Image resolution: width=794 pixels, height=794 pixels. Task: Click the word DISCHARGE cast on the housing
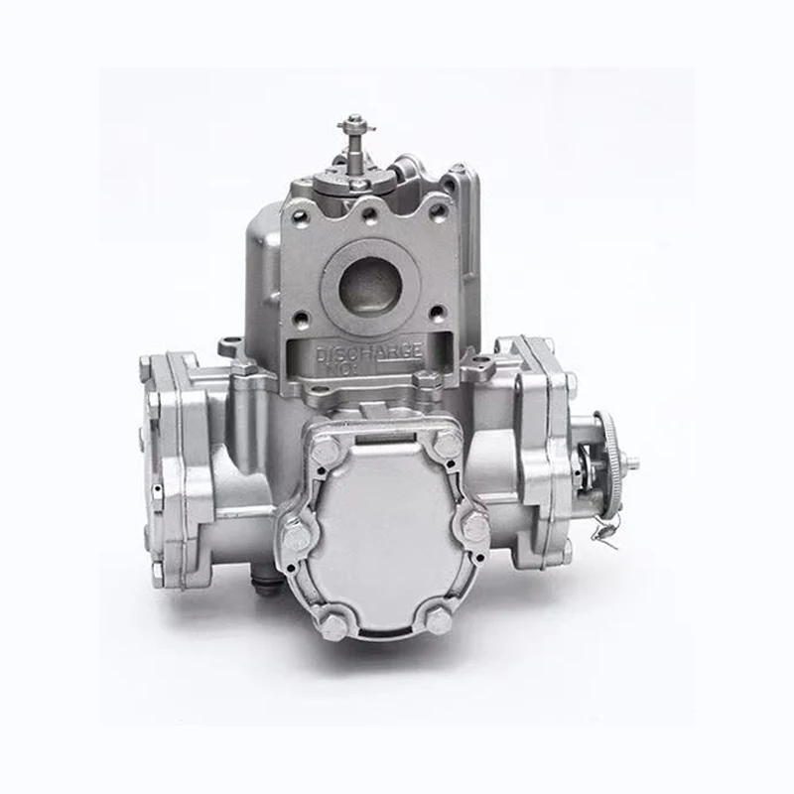click(369, 350)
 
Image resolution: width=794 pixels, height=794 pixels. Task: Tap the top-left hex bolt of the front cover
click(324, 452)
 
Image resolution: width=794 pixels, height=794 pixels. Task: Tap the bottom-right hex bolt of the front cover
click(438, 619)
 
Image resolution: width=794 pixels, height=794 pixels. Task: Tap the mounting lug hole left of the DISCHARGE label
click(230, 346)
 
